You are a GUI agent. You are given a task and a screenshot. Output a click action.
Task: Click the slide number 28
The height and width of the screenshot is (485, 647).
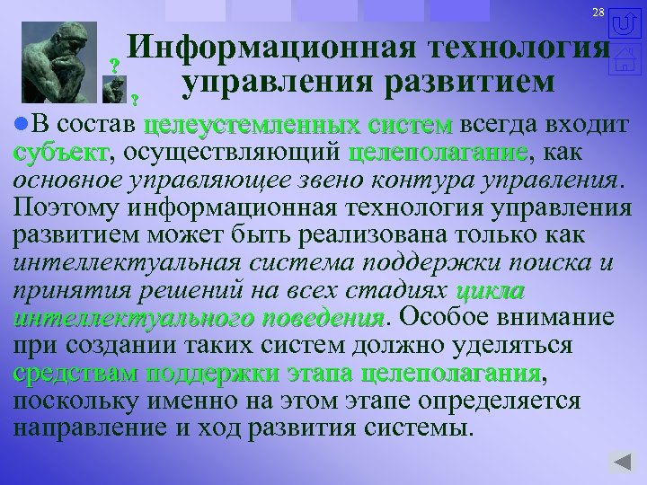(598, 12)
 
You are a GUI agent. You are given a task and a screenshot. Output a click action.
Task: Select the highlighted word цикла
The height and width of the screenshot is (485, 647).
(491, 293)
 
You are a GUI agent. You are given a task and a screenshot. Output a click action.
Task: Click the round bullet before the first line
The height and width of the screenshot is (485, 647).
(21, 122)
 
